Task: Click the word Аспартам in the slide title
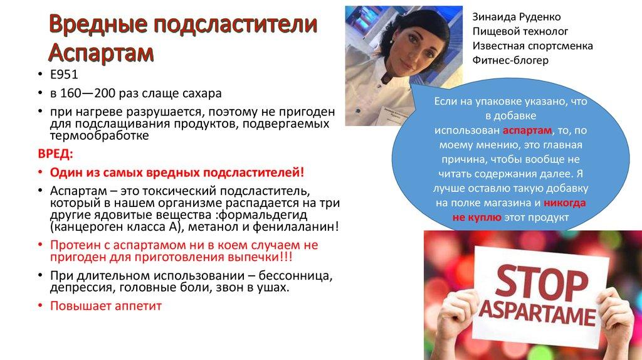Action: click(x=101, y=51)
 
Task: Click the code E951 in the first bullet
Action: click(x=65, y=77)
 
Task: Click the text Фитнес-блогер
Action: click(x=510, y=60)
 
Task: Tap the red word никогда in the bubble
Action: click(x=565, y=203)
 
